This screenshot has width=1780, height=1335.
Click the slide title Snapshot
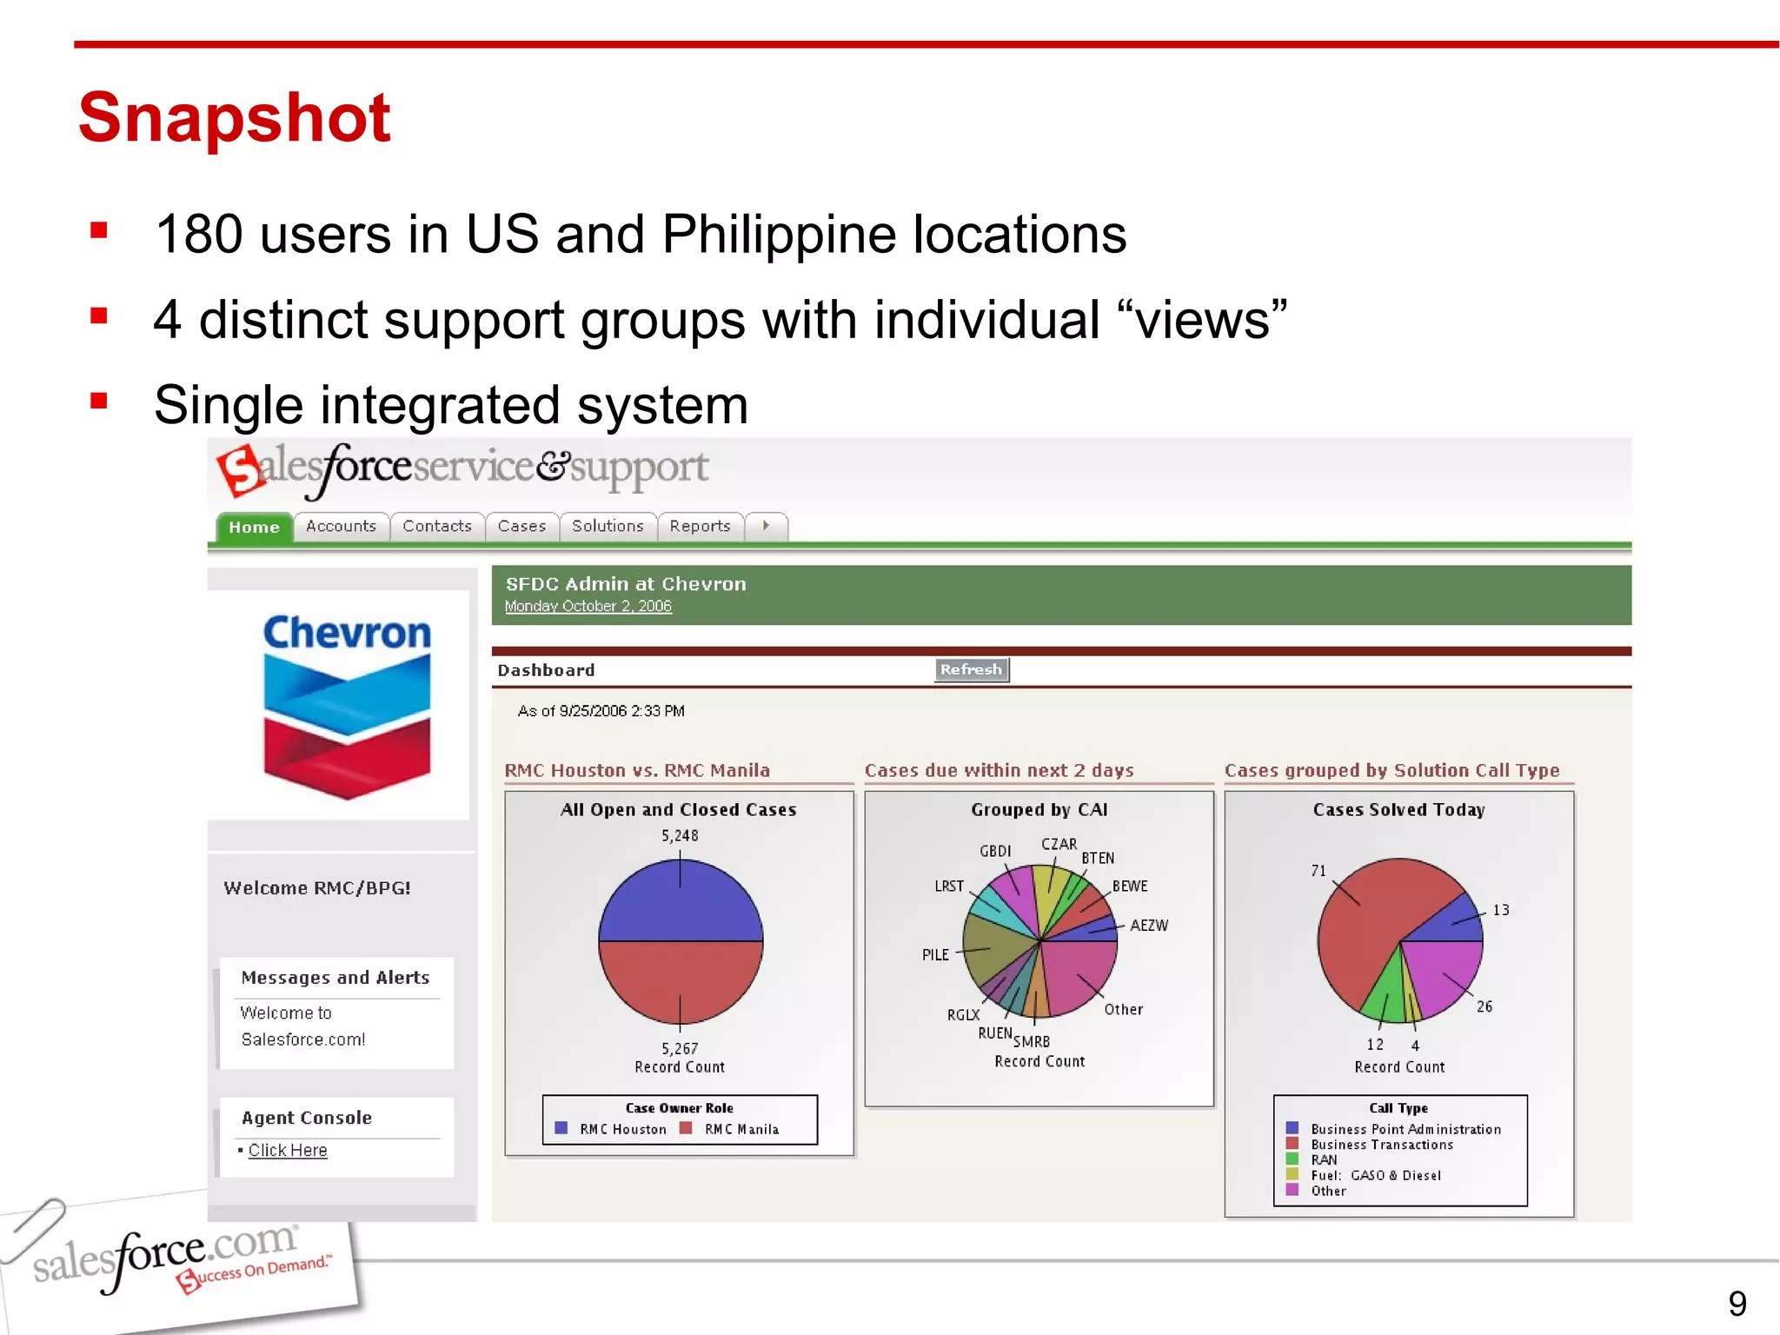(x=235, y=117)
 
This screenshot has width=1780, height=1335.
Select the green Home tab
(x=254, y=528)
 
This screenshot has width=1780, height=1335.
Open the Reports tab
(x=700, y=527)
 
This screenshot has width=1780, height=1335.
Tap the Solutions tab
(x=608, y=527)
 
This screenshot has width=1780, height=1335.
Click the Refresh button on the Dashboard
(x=971, y=669)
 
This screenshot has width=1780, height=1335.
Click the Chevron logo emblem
(x=347, y=727)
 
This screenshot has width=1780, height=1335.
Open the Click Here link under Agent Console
(x=288, y=1151)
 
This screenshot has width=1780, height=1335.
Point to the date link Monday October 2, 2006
(x=588, y=607)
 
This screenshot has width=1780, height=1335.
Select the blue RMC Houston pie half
(x=681, y=904)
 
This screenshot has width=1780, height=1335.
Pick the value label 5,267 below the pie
(x=680, y=1049)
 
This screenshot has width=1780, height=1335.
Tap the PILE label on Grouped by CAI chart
(x=935, y=955)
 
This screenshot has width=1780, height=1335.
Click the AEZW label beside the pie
(x=1149, y=926)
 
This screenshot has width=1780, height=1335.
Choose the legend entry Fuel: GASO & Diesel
(x=1376, y=1176)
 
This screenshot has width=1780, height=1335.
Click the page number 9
(x=1737, y=1304)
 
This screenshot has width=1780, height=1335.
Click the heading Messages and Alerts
(x=335, y=978)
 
